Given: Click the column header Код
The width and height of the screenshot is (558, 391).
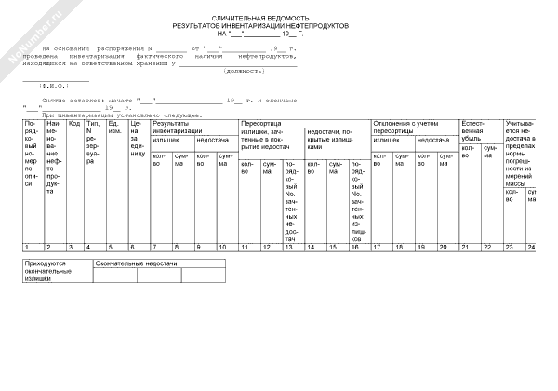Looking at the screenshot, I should (x=74, y=124).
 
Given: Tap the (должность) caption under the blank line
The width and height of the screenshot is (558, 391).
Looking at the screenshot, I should (x=245, y=71).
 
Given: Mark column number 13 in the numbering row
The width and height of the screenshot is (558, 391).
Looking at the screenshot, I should (x=290, y=247).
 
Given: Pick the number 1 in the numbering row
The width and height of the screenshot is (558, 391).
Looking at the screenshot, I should (x=26, y=247).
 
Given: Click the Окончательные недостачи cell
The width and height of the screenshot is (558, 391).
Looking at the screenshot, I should (x=136, y=264).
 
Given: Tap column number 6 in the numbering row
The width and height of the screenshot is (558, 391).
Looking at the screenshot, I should (x=133, y=247).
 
